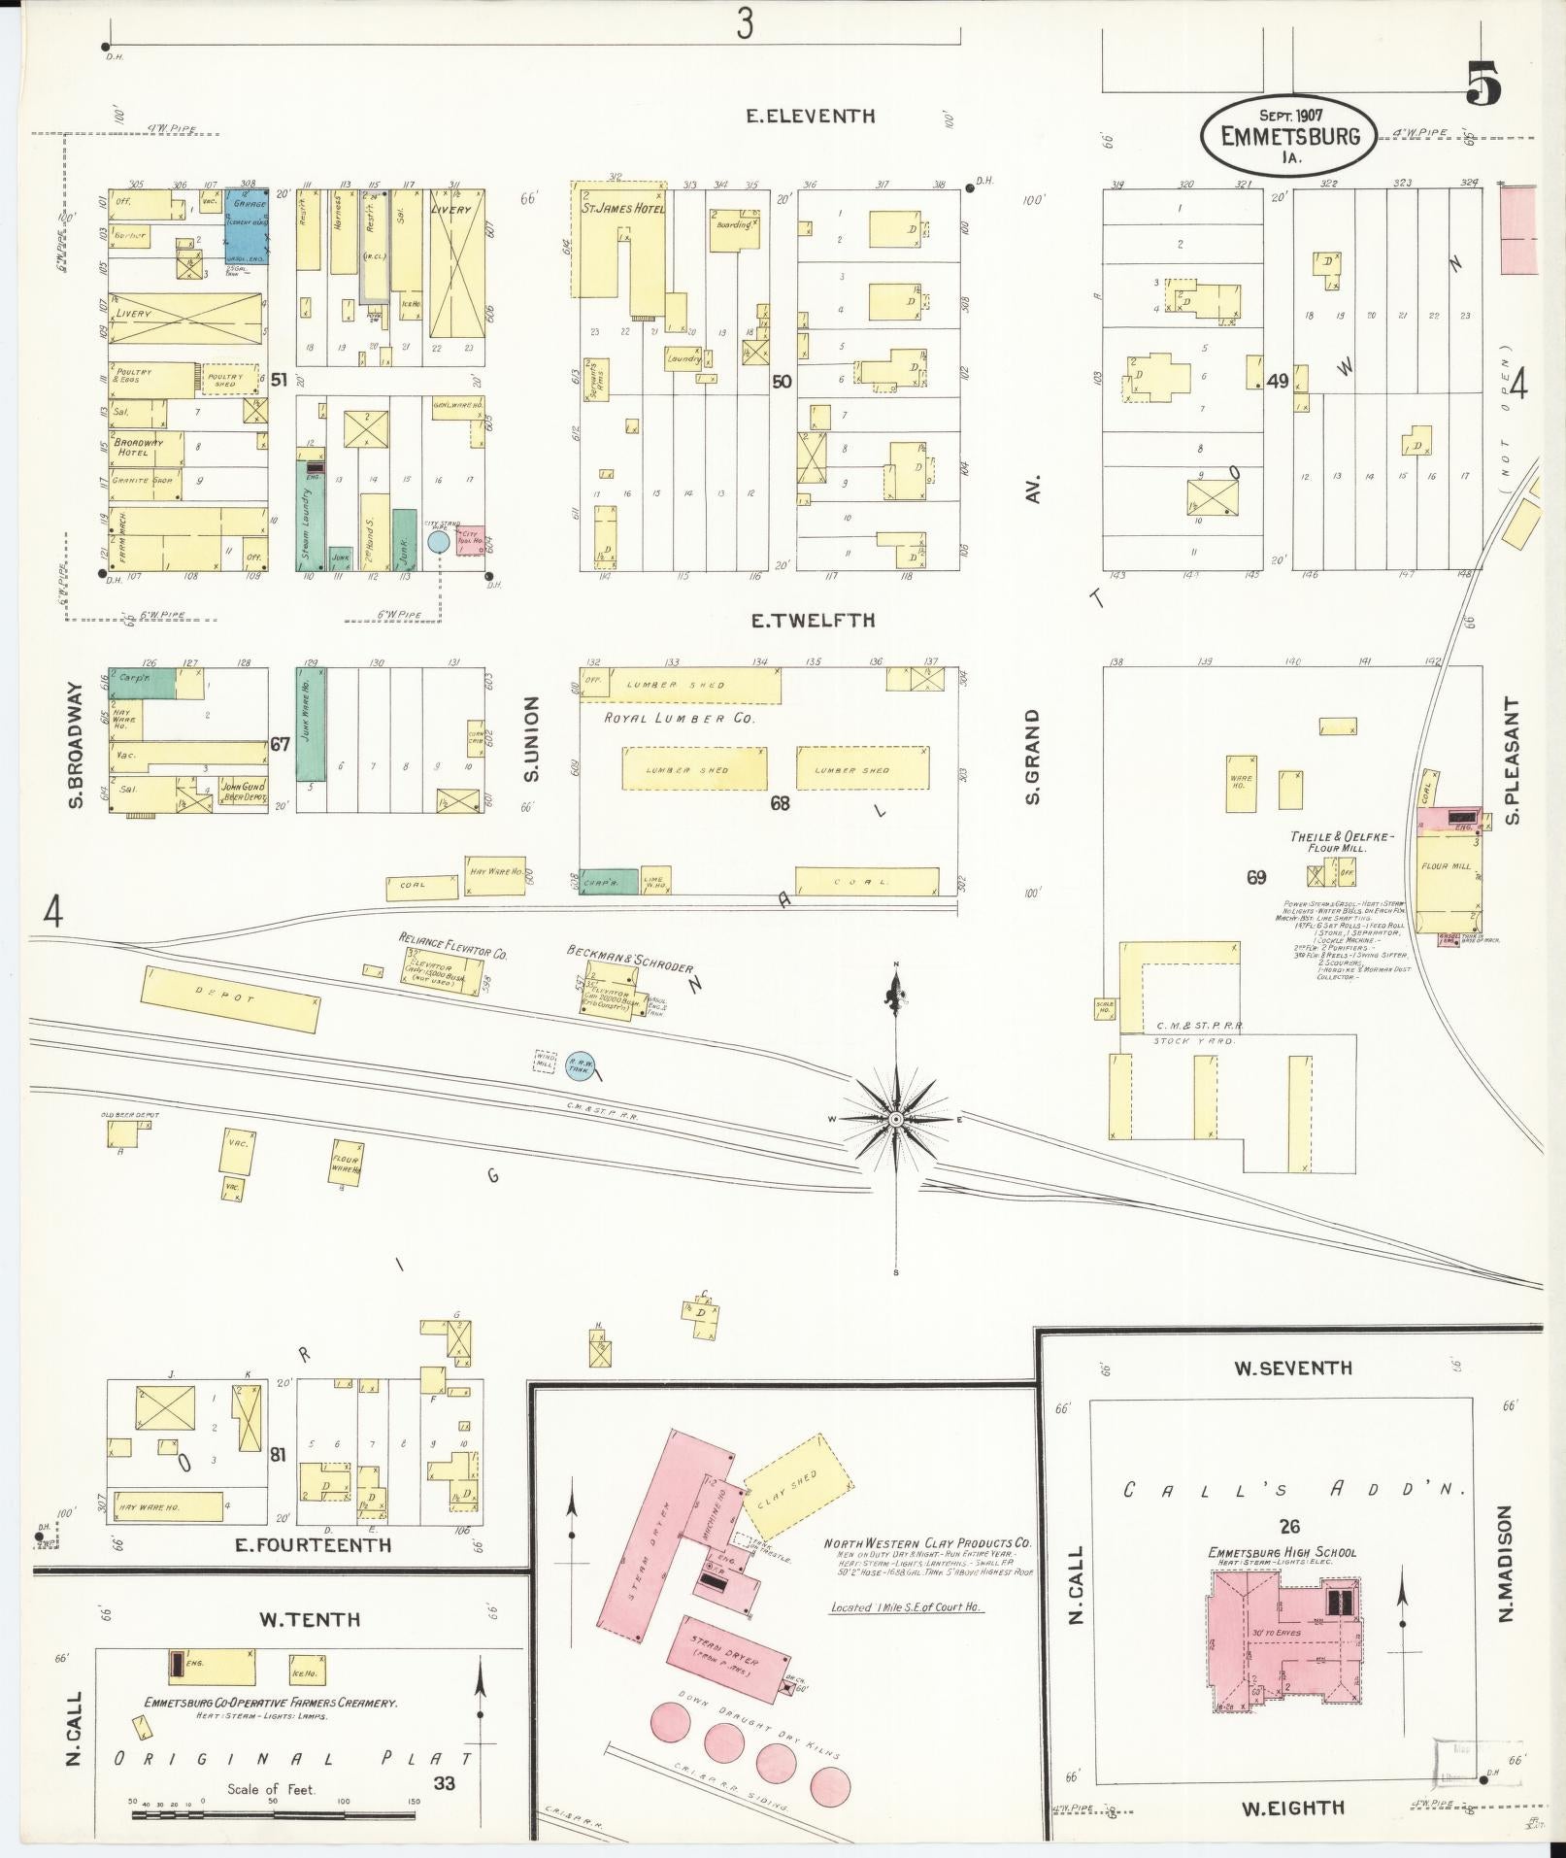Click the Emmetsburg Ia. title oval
[x=1288, y=136]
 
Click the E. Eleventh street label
[x=810, y=117]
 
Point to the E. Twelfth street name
[x=813, y=620]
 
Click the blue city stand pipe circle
[x=438, y=541]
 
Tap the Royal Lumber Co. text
[x=679, y=718]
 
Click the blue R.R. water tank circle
[x=581, y=1065]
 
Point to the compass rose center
[x=896, y=1120]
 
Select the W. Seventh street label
[x=1292, y=1368]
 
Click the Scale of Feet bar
[x=272, y=1802]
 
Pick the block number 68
[x=780, y=803]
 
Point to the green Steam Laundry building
[x=310, y=515]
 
